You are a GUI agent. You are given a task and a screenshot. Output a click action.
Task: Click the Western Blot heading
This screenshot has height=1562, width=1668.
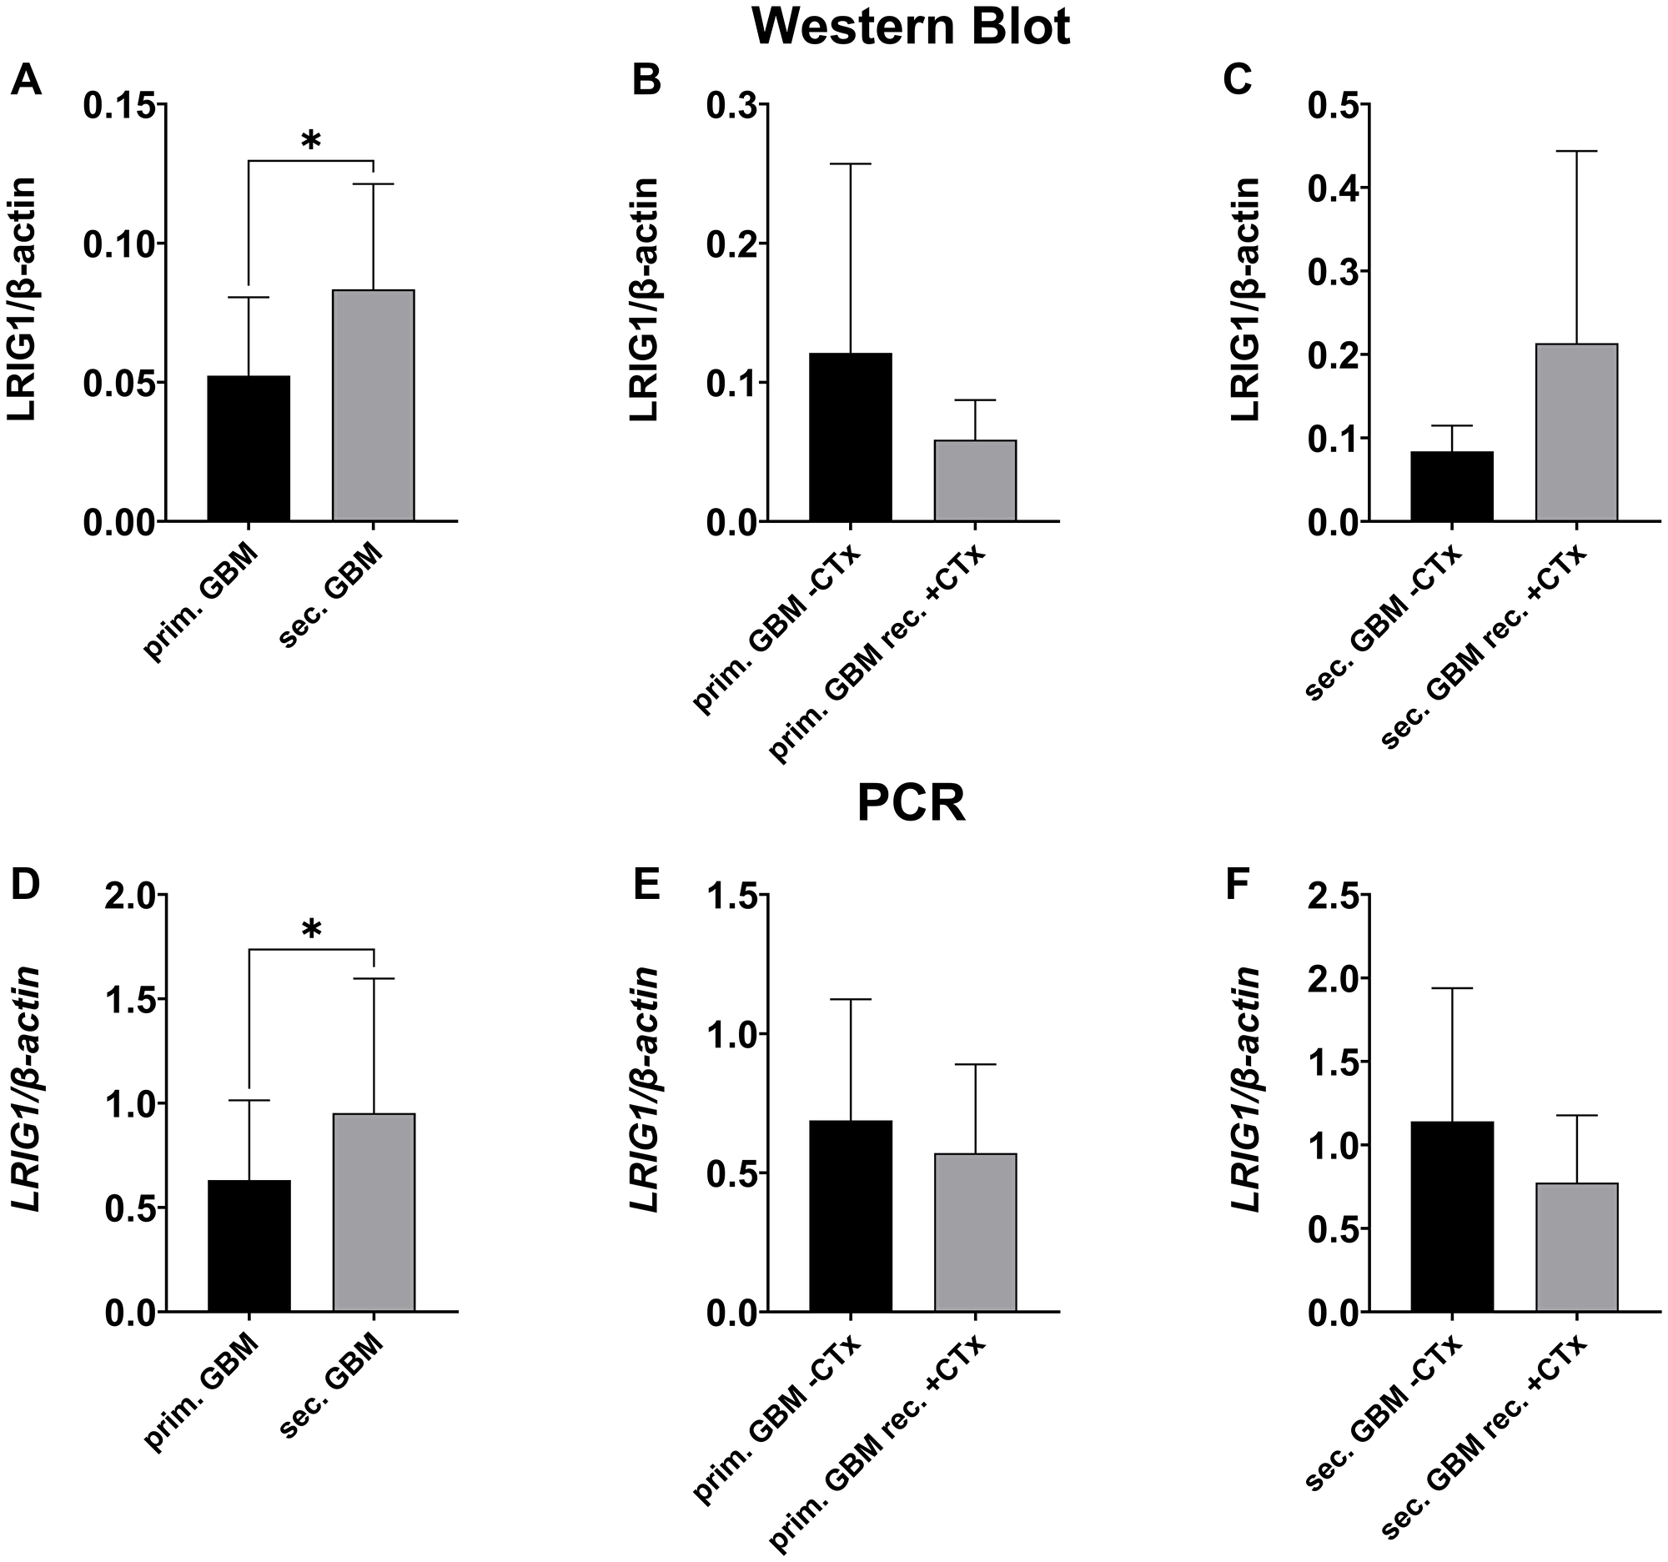[911, 28]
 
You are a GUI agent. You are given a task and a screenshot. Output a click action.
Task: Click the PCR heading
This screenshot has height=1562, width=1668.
[911, 804]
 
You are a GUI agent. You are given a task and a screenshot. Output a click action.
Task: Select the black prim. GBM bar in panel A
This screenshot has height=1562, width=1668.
[249, 449]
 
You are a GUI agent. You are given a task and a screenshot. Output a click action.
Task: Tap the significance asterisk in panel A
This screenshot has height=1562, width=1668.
[310, 141]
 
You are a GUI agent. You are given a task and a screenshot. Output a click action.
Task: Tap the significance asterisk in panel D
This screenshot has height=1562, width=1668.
[310, 931]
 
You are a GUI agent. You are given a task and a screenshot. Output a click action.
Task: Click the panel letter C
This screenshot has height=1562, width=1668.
[1238, 81]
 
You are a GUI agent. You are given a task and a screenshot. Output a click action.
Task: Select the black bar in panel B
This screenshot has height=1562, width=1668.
[850, 437]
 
